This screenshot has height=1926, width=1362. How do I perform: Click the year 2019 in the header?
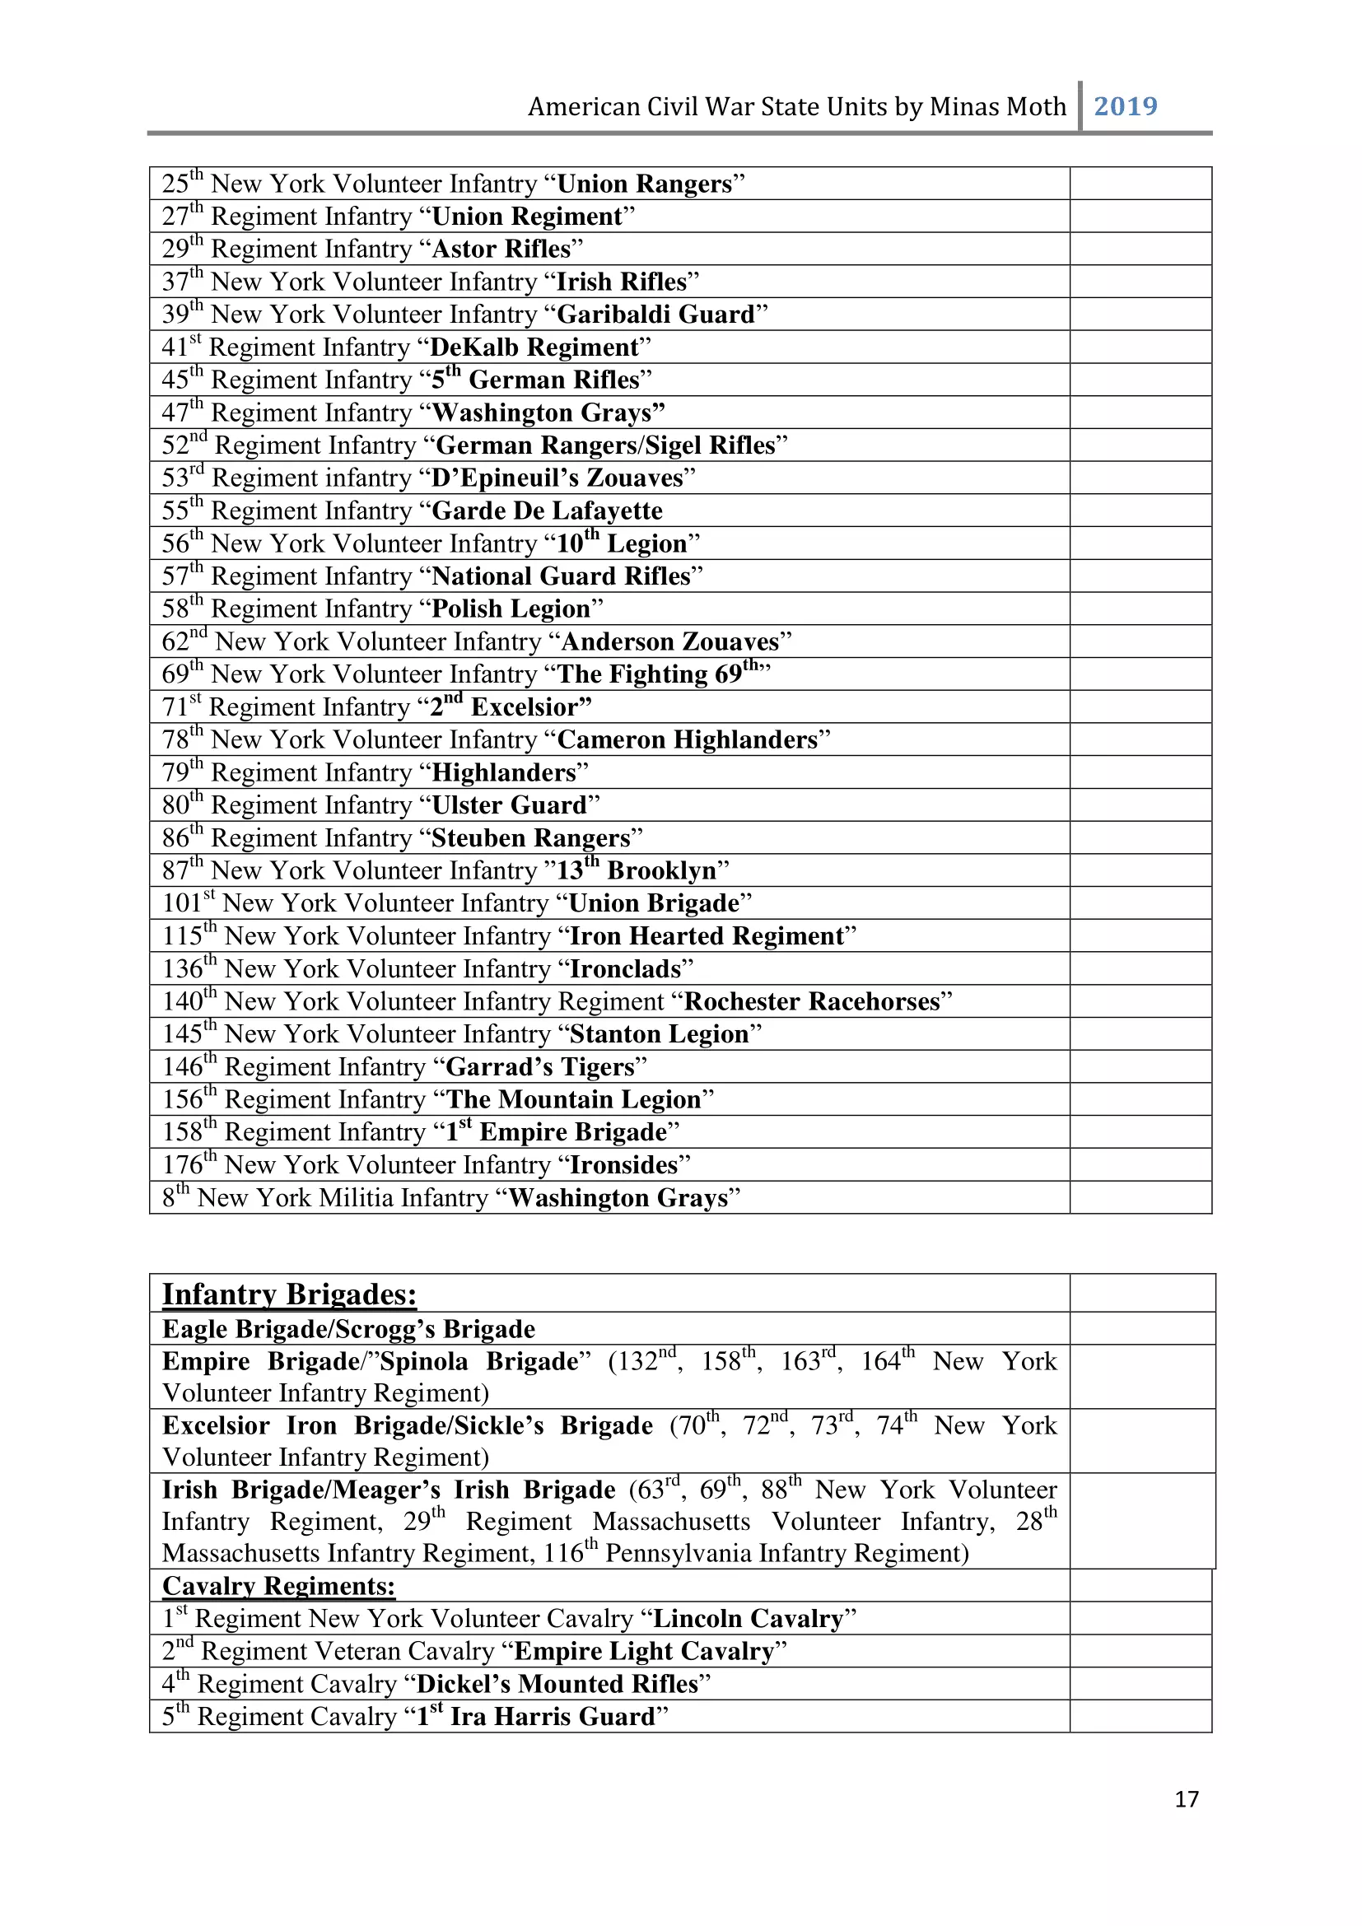point(1125,106)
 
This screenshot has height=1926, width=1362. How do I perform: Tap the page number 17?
point(1186,1799)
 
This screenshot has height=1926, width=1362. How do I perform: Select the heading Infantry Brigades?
point(289,1294)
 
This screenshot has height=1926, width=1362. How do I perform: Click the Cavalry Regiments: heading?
point(278,1586)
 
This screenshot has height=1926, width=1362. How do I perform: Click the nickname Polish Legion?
point(511,609)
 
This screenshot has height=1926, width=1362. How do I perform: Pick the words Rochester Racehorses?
point(812,1001)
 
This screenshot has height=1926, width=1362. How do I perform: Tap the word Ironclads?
point(625,969)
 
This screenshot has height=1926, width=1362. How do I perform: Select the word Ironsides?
point(623,1165)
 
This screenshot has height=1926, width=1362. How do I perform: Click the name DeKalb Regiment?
point(534,347)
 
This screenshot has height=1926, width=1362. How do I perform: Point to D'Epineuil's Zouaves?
point(557,478)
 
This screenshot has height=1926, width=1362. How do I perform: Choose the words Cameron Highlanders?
point(687,740)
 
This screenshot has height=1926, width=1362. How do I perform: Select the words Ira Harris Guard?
point(552,1716)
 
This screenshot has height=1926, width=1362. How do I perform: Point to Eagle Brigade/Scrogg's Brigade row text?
point(348,1330)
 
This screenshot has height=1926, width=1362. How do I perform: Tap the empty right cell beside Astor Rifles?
point(1140,249)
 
